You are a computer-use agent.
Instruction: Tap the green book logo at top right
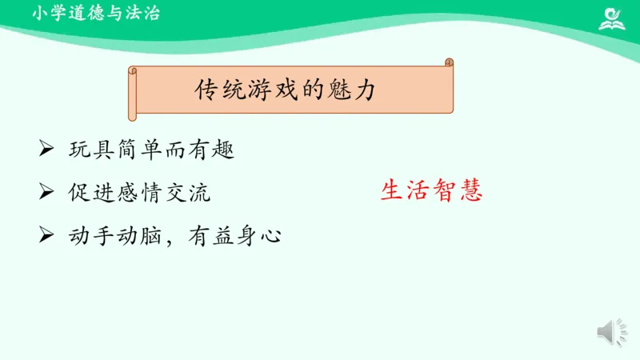click(613, 17)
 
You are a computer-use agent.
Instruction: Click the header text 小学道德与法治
click(96, 13)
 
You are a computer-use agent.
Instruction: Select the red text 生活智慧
click(431, 191)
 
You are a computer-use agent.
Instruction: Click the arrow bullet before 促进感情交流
click(46, 191)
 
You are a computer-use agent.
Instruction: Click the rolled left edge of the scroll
click(134, 93)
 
